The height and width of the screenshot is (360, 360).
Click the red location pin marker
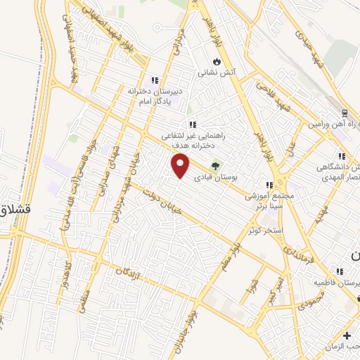[x=181, y=166]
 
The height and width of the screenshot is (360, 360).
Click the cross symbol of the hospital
[x=347, y=336]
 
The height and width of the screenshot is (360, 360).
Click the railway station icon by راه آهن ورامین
[x=345, y=113]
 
